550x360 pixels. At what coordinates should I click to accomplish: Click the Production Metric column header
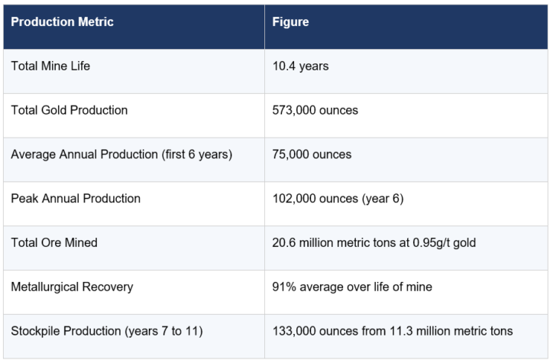pyautogui.click(x=62, y=21)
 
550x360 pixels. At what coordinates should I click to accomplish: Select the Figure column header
pyautogui.click(x=290, y=21)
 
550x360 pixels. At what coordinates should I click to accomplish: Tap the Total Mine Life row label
pyautogui.click(x=50, y=66)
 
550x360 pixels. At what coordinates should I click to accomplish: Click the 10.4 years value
pyautogui.click(x=301, y=66)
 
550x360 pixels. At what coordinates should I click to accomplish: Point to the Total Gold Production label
pyautogui.click(x=69, y=110)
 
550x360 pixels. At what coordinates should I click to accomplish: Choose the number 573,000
pyautogui.click(x=294, y=111)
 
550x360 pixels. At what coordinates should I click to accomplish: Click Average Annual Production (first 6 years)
pyautogui.click(x=121, y=154)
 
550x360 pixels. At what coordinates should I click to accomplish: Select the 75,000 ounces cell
pyautogui.click(x=312, y=154)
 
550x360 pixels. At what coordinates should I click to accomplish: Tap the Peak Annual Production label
pyautogui.click(x=76, y=199)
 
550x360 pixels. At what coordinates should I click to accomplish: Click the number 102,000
pyautogui.click(x=294, y=199)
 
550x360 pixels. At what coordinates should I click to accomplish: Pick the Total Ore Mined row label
pyautogui.click(x=54, y=242)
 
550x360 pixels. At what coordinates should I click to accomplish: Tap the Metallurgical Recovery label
pyautogui.click(x=72, y=287)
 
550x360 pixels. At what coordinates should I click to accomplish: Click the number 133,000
pyautogui.click(x=294, y=331)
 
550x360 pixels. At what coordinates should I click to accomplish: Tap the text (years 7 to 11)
pyautogui.click(x=163, y=331)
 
